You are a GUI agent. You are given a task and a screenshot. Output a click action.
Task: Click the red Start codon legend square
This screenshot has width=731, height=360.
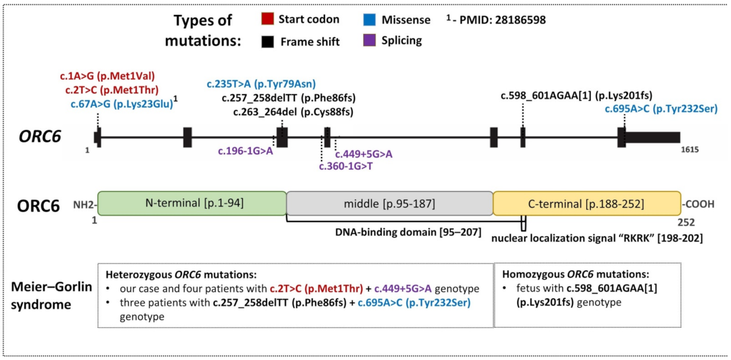pyautogui.click(x=266, y=20)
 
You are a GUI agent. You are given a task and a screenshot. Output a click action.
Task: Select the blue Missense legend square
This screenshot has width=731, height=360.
pyautogui.click(x=370, y=20)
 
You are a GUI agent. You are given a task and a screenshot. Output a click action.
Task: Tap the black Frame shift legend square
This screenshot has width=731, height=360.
pyautogui.click(x=266, y=41)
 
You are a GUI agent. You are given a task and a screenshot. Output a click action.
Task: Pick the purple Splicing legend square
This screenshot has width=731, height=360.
pyautogui.click(x=370, y=41)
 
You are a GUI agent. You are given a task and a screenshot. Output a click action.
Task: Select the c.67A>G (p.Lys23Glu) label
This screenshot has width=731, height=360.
pyautogui.click(x=121, y=103)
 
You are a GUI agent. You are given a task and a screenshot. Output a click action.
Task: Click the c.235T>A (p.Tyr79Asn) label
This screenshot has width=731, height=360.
pyautogui.click(x=261, y=85)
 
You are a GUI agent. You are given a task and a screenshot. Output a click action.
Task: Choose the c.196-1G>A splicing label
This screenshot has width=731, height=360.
pyautogui.click(x=245, y=151)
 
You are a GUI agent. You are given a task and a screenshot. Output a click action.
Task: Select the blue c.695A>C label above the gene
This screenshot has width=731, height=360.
pyautogui.click(x=661, y=109)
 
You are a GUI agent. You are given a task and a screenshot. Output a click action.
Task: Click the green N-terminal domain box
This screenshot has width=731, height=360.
pyautogui.click(x=191, y=204)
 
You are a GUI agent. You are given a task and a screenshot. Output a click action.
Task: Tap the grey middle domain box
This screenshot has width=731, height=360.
pyautogui.click(x=389, y=204)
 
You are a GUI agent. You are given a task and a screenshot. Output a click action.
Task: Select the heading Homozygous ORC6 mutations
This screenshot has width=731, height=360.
pyautogui.click(x=575, y=274)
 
